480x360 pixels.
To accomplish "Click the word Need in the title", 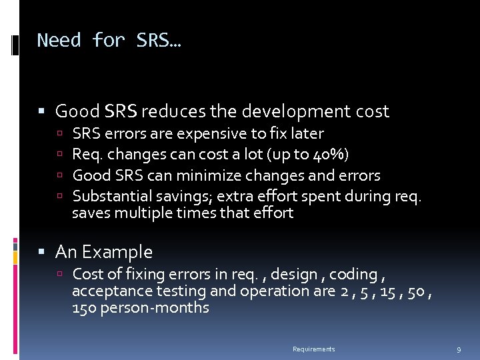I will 60,41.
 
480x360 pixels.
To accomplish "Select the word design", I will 313,274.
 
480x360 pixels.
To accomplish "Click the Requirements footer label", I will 314,349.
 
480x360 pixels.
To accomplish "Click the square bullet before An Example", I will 43,252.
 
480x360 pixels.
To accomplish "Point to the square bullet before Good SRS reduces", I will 43,111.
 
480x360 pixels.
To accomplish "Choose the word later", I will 307,133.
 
